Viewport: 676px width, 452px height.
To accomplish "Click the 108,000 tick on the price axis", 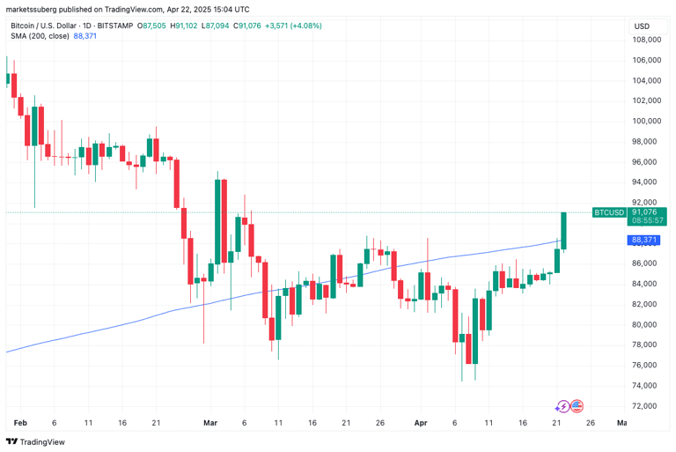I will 646,40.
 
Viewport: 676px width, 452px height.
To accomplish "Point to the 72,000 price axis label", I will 646,406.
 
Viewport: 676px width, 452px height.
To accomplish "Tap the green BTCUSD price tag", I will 609,212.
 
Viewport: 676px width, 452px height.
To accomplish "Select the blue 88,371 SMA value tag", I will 645,240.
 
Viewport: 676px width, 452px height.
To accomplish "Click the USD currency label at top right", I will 642,26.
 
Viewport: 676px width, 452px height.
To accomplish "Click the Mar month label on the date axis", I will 209,423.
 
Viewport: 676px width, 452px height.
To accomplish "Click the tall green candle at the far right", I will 564,231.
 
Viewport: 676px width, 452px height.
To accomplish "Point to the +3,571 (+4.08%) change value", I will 294,26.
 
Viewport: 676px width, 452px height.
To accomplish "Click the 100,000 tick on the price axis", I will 646,122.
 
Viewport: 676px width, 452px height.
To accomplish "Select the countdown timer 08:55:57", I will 645,220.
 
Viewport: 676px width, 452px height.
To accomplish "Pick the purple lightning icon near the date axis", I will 563,406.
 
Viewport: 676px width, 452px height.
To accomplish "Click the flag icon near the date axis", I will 577,406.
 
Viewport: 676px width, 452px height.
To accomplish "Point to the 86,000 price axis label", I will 646,263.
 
